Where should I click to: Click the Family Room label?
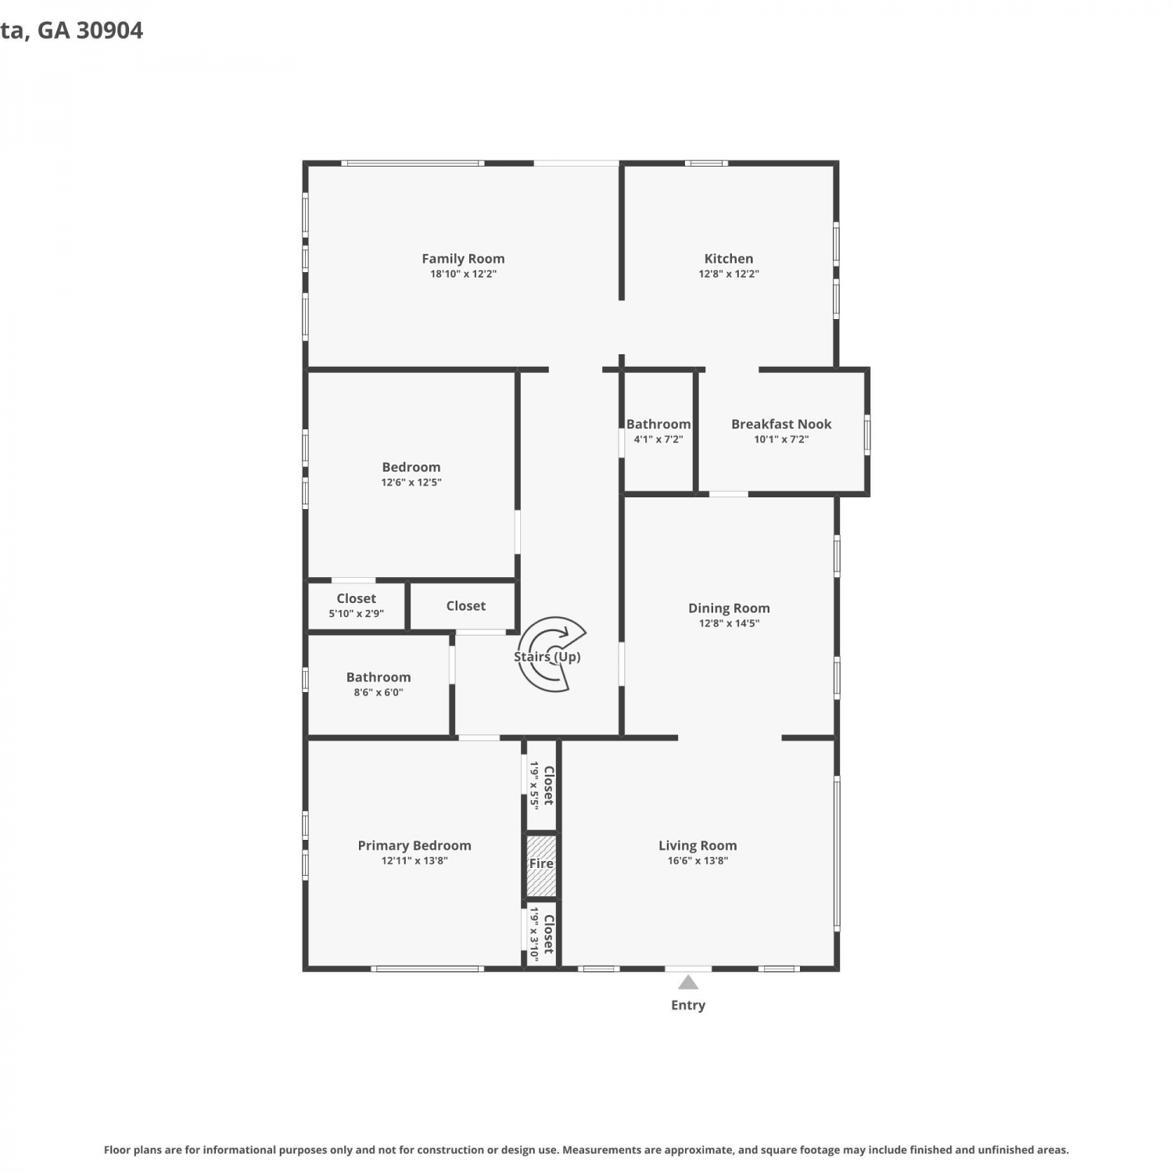click(x=463, y=258)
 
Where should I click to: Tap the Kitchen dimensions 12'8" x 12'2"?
click(x=729, y=274)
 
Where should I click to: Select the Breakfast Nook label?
click(x=781, y=424)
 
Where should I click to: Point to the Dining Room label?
click(x=729, y=608)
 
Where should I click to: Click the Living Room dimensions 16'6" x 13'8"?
click(x=698, y=860)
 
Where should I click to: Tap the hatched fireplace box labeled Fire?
click(x=541, y=866)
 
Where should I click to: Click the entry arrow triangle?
click(x=688, y=982)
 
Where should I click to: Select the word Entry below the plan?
click(x=688, y=1005)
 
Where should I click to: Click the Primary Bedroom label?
click(x=414, y=845)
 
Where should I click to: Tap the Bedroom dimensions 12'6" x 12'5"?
click(x=411, y=482)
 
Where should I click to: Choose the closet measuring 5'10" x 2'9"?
click(x=357, y=606)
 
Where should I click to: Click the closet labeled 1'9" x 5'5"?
click(x=541, y=785)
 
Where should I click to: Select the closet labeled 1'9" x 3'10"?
click(x=541, y=934)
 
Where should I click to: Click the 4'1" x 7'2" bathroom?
click(x=658, y=431)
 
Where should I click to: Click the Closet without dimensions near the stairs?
click(x=466, y=605)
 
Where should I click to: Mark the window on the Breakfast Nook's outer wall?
click(x=866, y=434)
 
